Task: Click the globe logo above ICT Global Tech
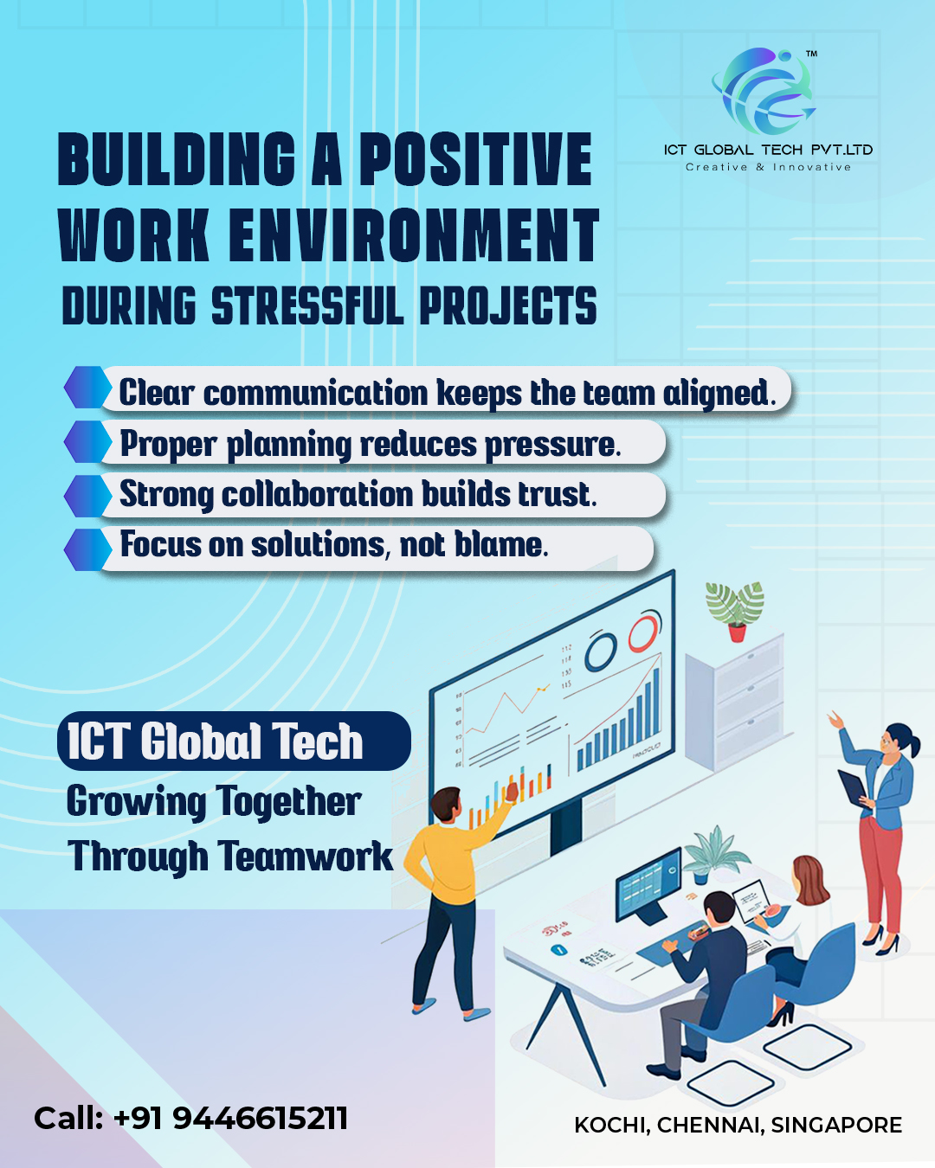[764, 92]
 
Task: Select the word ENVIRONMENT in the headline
[414, 236]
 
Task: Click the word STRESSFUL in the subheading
[308, 305]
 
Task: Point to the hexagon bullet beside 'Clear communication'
[87, 387]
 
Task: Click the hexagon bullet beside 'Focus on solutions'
[87, 549]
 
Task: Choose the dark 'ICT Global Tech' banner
[234, 741]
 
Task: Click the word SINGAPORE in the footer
[836, 1125]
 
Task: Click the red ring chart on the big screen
[645, 632]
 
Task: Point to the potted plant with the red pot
[735, 612]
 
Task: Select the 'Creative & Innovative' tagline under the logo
[768, 167]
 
